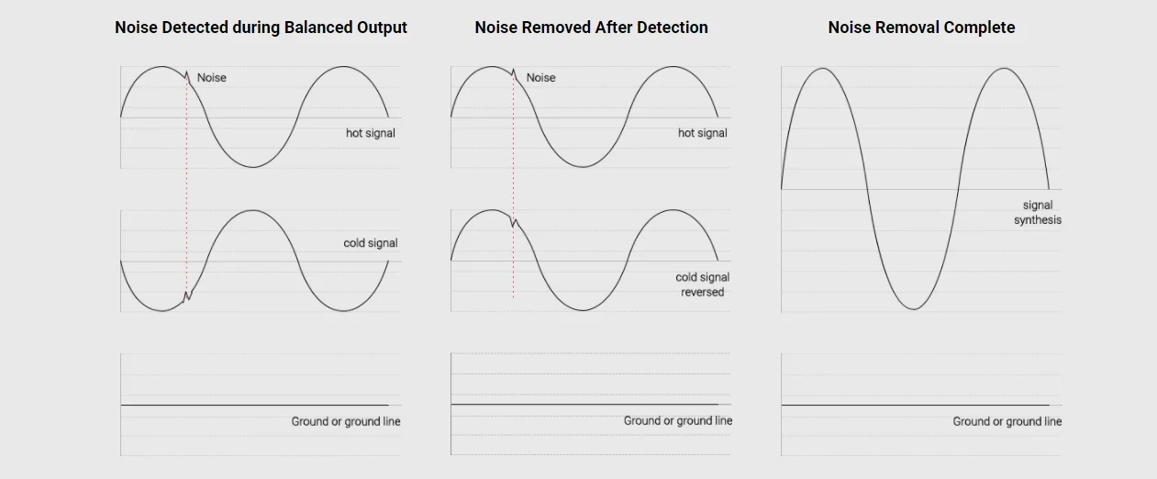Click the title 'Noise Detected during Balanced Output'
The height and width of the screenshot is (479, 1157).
[x=261, y=28]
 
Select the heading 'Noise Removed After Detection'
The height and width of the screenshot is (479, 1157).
[x=591, y=28]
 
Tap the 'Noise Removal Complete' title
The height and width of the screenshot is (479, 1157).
[x=921, y=28]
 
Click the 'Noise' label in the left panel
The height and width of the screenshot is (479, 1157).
[x=211, y=78]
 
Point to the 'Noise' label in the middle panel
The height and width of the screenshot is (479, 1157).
[x=540, y=78]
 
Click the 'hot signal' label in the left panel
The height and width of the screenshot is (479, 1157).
[x=371, y=133]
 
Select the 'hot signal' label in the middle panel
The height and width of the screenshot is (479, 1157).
[x=702, y=133]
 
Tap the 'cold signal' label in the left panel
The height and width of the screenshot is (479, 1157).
[x=371, y=243]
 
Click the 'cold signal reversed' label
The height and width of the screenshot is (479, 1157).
[x=702, y=284]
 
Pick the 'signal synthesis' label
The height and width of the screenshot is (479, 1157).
[x=1038, y=213]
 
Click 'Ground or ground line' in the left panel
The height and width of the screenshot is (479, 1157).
[x=346, y=421]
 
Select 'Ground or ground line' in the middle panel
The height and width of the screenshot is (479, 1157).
[x=678, y=420]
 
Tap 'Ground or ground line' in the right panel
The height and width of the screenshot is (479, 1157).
[x=1007, y=421]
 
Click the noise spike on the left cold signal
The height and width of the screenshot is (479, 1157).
[x=187, y=295]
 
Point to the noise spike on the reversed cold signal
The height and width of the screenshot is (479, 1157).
[x=514, y=222]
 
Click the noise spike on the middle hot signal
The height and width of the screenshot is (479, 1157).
[x=513, y=73]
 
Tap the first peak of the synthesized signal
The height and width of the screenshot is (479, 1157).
[x=823, y=69]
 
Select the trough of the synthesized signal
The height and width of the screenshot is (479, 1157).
[x=913, y=308]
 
